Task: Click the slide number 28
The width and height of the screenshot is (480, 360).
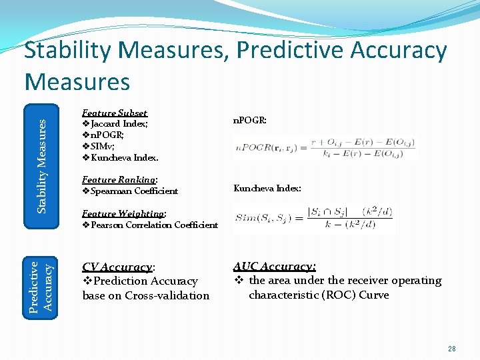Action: click(452, 349)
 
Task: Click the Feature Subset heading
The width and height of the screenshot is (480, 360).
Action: click(114, 113)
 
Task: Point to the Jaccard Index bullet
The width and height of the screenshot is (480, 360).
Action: click(115, 124)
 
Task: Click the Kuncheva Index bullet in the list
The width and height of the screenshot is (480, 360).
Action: click(120, 158)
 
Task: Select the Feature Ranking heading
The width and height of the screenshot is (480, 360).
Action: click(119, 180)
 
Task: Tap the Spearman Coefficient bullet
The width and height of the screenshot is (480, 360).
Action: click(130, 191)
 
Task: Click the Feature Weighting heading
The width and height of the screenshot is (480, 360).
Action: click(124, 214)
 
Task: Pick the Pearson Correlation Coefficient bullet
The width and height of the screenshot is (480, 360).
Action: click(150, 225)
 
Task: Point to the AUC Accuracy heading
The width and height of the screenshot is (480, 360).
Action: click(274, 267)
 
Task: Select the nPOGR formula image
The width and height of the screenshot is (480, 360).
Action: click(325, 147)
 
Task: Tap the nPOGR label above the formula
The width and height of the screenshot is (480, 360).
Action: click(250, 121)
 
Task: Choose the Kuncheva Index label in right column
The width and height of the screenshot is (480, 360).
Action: click(267, 189)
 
